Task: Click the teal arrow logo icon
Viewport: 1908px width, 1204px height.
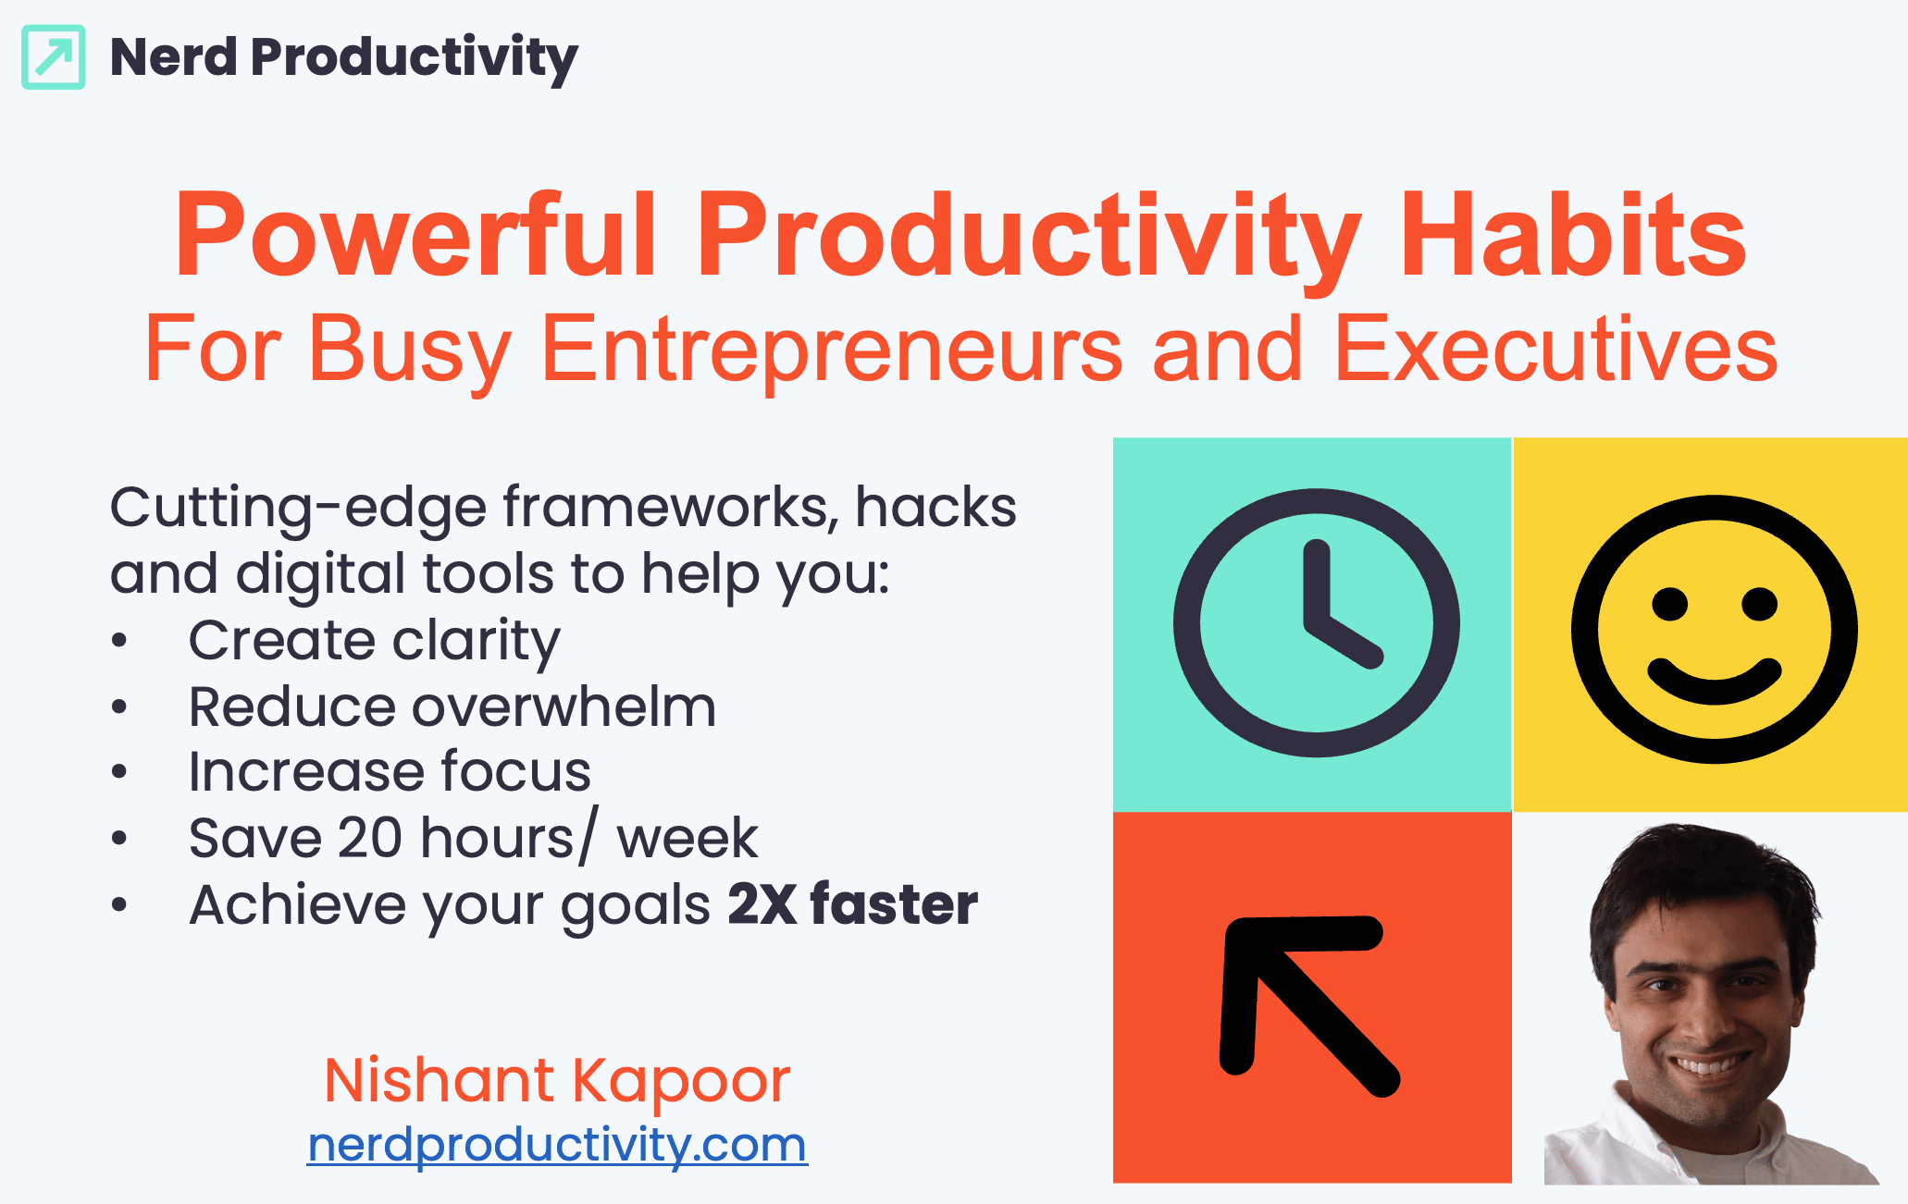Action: coord(54,57)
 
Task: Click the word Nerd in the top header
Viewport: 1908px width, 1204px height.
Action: coord(174,57)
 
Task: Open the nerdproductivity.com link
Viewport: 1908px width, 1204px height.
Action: coord(557,1146)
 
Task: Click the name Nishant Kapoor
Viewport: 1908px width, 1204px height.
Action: coord(557,1080)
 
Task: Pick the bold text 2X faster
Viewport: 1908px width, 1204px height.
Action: coord(852,904)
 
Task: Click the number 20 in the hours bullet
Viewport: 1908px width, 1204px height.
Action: coord(369,839)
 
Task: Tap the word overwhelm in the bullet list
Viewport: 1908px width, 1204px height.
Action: coord(564,707)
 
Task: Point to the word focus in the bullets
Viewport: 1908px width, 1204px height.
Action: coord(515,772)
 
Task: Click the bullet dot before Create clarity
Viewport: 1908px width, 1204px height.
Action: coord(118,641)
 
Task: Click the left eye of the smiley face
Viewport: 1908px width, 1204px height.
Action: coord(1670,605)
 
